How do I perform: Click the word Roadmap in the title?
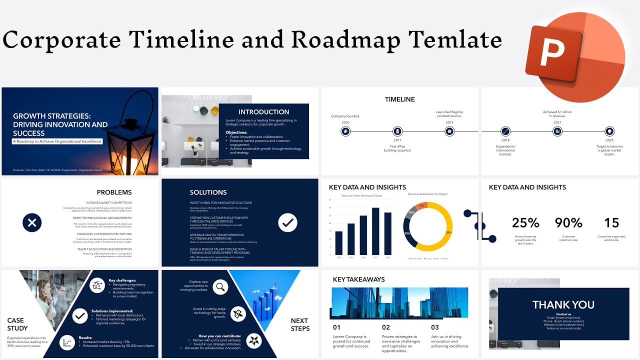pyautogui.click(x=345, y=39)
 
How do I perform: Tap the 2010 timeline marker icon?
pyautogui.click(x=345, y=131)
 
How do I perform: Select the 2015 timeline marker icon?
pyautogui.click(x=449, y=131)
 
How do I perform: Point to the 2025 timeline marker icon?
pyautogui.click(x=609, y=131)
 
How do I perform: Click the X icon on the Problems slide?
pyautogui.click(x=32, y=222)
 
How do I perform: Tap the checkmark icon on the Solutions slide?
pyautogui.click(x=287, y=222)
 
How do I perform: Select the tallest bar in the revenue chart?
pyautogui.click(x=375, y=231)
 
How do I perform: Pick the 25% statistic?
pyautogui.click(x=525, y=222)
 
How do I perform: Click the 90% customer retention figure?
pyautogui.click(x=568, y=222)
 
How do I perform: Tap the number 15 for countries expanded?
pyautogui.click(x=611, y=222)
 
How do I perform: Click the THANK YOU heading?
pyautogui.click(x=563, y=304)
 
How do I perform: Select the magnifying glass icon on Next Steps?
pyautogui.click(x=220, y=287)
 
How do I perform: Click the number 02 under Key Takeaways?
pyautogui.click(x=386, y=327)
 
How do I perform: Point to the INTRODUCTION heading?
pyautogui.click(x=264, y=112)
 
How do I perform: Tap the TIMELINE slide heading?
pyautogui.click(x=399, y=99)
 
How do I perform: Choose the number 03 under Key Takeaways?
pyautogui.click(x=435, y=327)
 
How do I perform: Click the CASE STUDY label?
pyautogui.click(x=17, y=324)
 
